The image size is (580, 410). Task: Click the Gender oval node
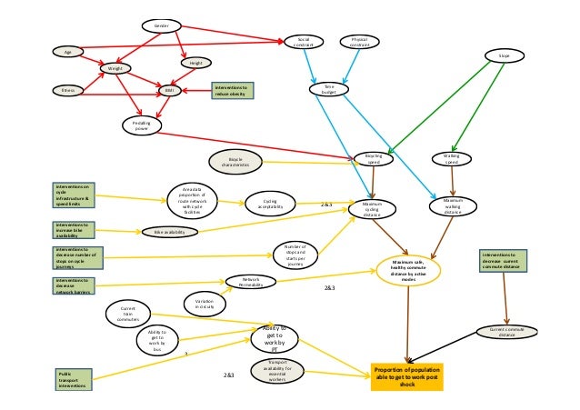(162, 26)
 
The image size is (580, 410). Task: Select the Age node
(67, 52)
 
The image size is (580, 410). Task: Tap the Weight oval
(115, 68)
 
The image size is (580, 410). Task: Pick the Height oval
(196, 64)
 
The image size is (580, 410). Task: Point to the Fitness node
(67, 91)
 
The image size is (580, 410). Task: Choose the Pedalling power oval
(141, 124)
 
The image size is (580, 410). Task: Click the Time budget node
(330, 89)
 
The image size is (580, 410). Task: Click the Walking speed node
(451, 159)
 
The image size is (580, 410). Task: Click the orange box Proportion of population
(407, 375)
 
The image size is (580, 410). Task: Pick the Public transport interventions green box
(72, 379)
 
